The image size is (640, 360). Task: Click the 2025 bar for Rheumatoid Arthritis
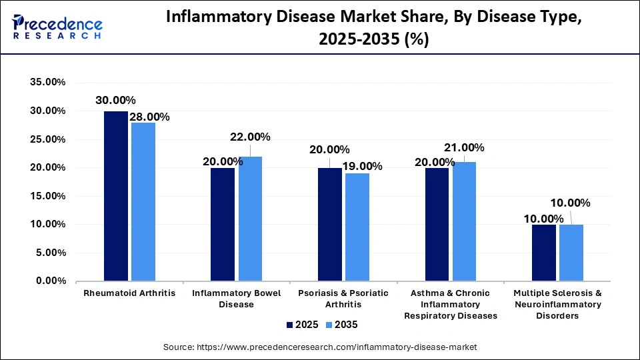(x=116, y=196)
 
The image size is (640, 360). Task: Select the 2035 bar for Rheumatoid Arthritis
(x=143, y=202)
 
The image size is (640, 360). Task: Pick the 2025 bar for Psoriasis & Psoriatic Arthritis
(x=330, y=224)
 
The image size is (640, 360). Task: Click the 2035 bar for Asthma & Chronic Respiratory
(x=464, y=221)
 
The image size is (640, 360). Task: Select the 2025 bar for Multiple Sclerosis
(x=544, y=253)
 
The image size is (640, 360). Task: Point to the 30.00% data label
(x=115, y=100)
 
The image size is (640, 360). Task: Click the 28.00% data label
(x=149, y=117)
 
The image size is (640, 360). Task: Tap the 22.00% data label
(x=250, y=137)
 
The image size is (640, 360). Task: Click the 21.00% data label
(x=464, y=147)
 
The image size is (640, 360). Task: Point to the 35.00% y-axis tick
(x=46, y=83)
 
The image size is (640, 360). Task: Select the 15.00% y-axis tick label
(x=46, y=196)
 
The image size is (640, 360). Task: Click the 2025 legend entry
(x=299, y=325)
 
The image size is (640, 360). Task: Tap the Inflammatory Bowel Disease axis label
(x=237, y=299)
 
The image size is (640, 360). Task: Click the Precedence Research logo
(x=57, y=26)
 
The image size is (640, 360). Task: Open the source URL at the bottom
(x=320, y=347)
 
